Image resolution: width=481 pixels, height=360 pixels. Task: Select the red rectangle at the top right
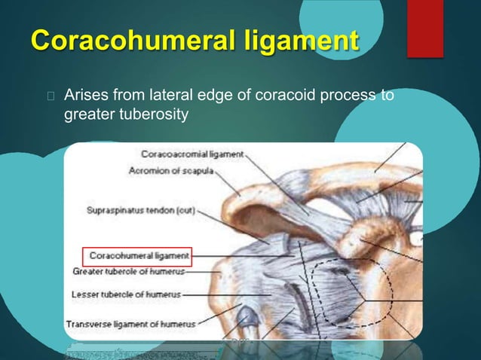[424, 28]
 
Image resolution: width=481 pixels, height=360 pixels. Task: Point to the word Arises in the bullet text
[84, 96]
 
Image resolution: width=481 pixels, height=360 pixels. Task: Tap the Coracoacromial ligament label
[192, 154]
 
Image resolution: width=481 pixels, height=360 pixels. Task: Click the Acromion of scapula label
[171, 171]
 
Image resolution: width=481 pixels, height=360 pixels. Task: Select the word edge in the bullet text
[225, 96]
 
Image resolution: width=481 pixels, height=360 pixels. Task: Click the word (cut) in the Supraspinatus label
[182, 212]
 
